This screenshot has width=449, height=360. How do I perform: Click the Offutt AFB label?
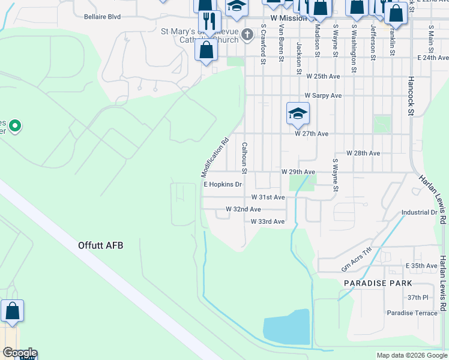(100, 245)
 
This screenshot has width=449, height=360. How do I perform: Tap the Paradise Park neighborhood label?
(378, 283)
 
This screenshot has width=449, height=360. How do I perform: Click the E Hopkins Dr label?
(222, 185)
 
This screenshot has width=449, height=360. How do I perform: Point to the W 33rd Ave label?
(268, 221)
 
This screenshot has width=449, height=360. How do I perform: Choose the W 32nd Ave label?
(243, 209)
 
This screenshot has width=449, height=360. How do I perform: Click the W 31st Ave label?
(268, 197)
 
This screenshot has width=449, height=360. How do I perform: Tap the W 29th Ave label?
(298, 172)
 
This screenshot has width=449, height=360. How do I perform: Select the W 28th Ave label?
(363, 154)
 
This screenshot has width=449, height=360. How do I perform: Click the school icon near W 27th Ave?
(298, 114)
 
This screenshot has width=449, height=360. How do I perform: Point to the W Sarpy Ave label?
(323, 95)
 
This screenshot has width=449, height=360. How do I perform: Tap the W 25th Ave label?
(323, 77)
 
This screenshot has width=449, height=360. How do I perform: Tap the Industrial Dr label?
(419, 212)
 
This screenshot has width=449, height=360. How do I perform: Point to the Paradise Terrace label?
(412, 313)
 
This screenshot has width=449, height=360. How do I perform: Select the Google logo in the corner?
(19, 353)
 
